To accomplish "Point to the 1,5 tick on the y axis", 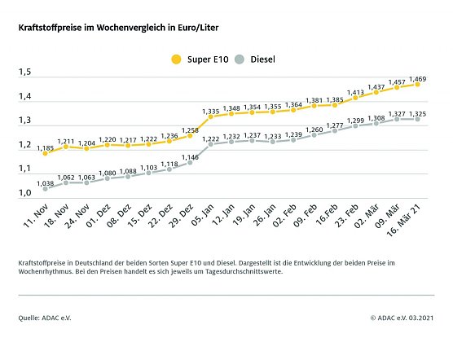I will pos(24,73).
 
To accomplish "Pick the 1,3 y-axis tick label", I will pos(24,121).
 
